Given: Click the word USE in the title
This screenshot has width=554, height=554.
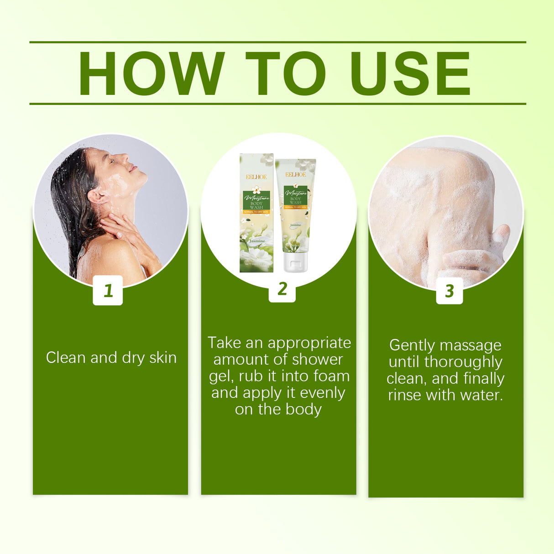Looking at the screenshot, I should click(410, 74).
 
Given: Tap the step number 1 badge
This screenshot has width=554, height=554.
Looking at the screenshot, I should click(108, 290).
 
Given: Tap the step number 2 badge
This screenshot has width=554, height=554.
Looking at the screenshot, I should click(282, 288).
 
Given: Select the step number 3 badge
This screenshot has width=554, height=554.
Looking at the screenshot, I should click(449, 291).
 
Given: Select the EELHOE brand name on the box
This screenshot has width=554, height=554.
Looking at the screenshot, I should click(256, 177).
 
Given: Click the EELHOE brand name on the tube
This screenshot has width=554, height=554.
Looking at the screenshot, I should click(296, 175).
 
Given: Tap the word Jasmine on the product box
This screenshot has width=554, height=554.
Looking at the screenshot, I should click(257, 241).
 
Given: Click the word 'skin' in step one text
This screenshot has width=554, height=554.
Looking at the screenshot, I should click(163, 358).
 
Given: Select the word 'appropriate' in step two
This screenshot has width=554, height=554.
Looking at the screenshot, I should click(309, 343).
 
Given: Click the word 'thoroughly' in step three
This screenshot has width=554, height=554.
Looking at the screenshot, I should click(463, 362).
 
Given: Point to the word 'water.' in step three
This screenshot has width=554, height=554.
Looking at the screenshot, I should click(481, 395).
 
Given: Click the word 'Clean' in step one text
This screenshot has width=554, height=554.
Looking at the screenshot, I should click(66, 358).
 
